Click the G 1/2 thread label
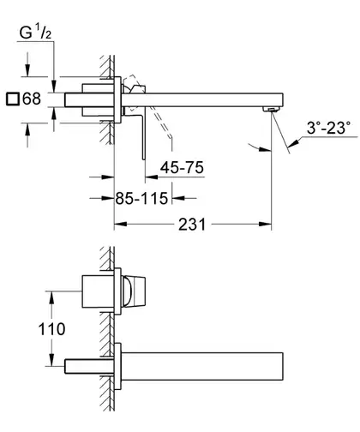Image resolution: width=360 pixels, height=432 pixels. point(35,33)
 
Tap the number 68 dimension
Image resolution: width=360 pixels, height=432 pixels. point(32,99)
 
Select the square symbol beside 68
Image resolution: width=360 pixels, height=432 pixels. point(13,99)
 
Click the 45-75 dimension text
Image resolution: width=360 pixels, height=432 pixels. point(182,167)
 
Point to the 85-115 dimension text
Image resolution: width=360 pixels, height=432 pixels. point(141,198)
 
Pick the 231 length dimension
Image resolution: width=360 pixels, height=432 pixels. point(192,225)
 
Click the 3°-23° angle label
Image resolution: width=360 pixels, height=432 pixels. point(328,128)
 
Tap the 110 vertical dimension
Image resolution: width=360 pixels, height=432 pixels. point(51,329)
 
